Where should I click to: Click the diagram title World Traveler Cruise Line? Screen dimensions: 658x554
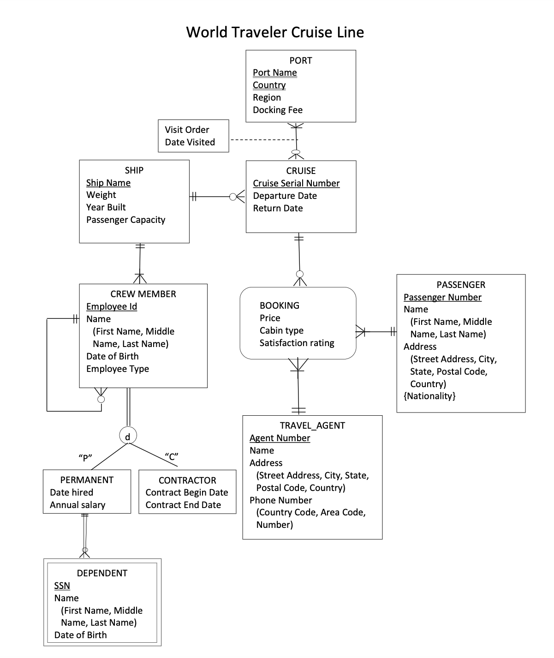[275, 32]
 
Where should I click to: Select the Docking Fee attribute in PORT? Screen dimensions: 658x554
[277, 110]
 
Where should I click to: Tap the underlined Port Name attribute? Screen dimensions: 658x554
[274, 72]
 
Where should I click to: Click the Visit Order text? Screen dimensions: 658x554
[187, 130]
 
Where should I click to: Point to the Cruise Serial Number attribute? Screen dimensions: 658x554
[296, 183]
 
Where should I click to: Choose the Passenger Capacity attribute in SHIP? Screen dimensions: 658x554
[125, 220]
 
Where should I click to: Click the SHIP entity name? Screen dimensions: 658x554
[134, 170]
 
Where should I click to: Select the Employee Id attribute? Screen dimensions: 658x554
[111, 306]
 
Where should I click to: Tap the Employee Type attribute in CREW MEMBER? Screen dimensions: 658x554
[117, 369]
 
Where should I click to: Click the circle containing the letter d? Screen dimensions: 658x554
[128, 436]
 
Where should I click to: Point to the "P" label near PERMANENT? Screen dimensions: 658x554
[85, 458]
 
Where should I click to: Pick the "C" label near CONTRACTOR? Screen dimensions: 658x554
[172, 457]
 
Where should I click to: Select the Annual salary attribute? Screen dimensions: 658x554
[77, 505]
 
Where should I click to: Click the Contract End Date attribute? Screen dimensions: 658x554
[183, 505]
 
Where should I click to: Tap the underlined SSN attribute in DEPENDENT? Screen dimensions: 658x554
[62, 586]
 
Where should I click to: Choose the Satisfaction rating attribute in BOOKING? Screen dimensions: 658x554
[297, 343]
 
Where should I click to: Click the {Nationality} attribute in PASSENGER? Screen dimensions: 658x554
[429, 396]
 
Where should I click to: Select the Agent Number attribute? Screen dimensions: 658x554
[280, 438]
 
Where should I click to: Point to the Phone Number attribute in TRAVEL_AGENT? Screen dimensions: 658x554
[280, 500]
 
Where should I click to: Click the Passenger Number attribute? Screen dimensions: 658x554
[442, 297]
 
